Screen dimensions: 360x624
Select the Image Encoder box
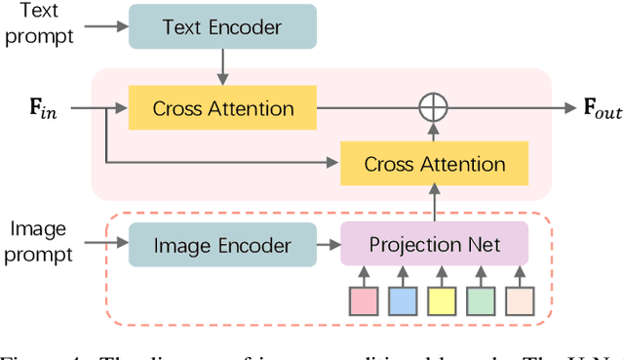[222, 244]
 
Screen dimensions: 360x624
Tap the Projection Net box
[434, 244]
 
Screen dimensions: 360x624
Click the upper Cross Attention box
[222, 107]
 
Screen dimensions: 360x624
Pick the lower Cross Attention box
[434, 163]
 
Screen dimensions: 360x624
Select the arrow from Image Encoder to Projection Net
[329, 244]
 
